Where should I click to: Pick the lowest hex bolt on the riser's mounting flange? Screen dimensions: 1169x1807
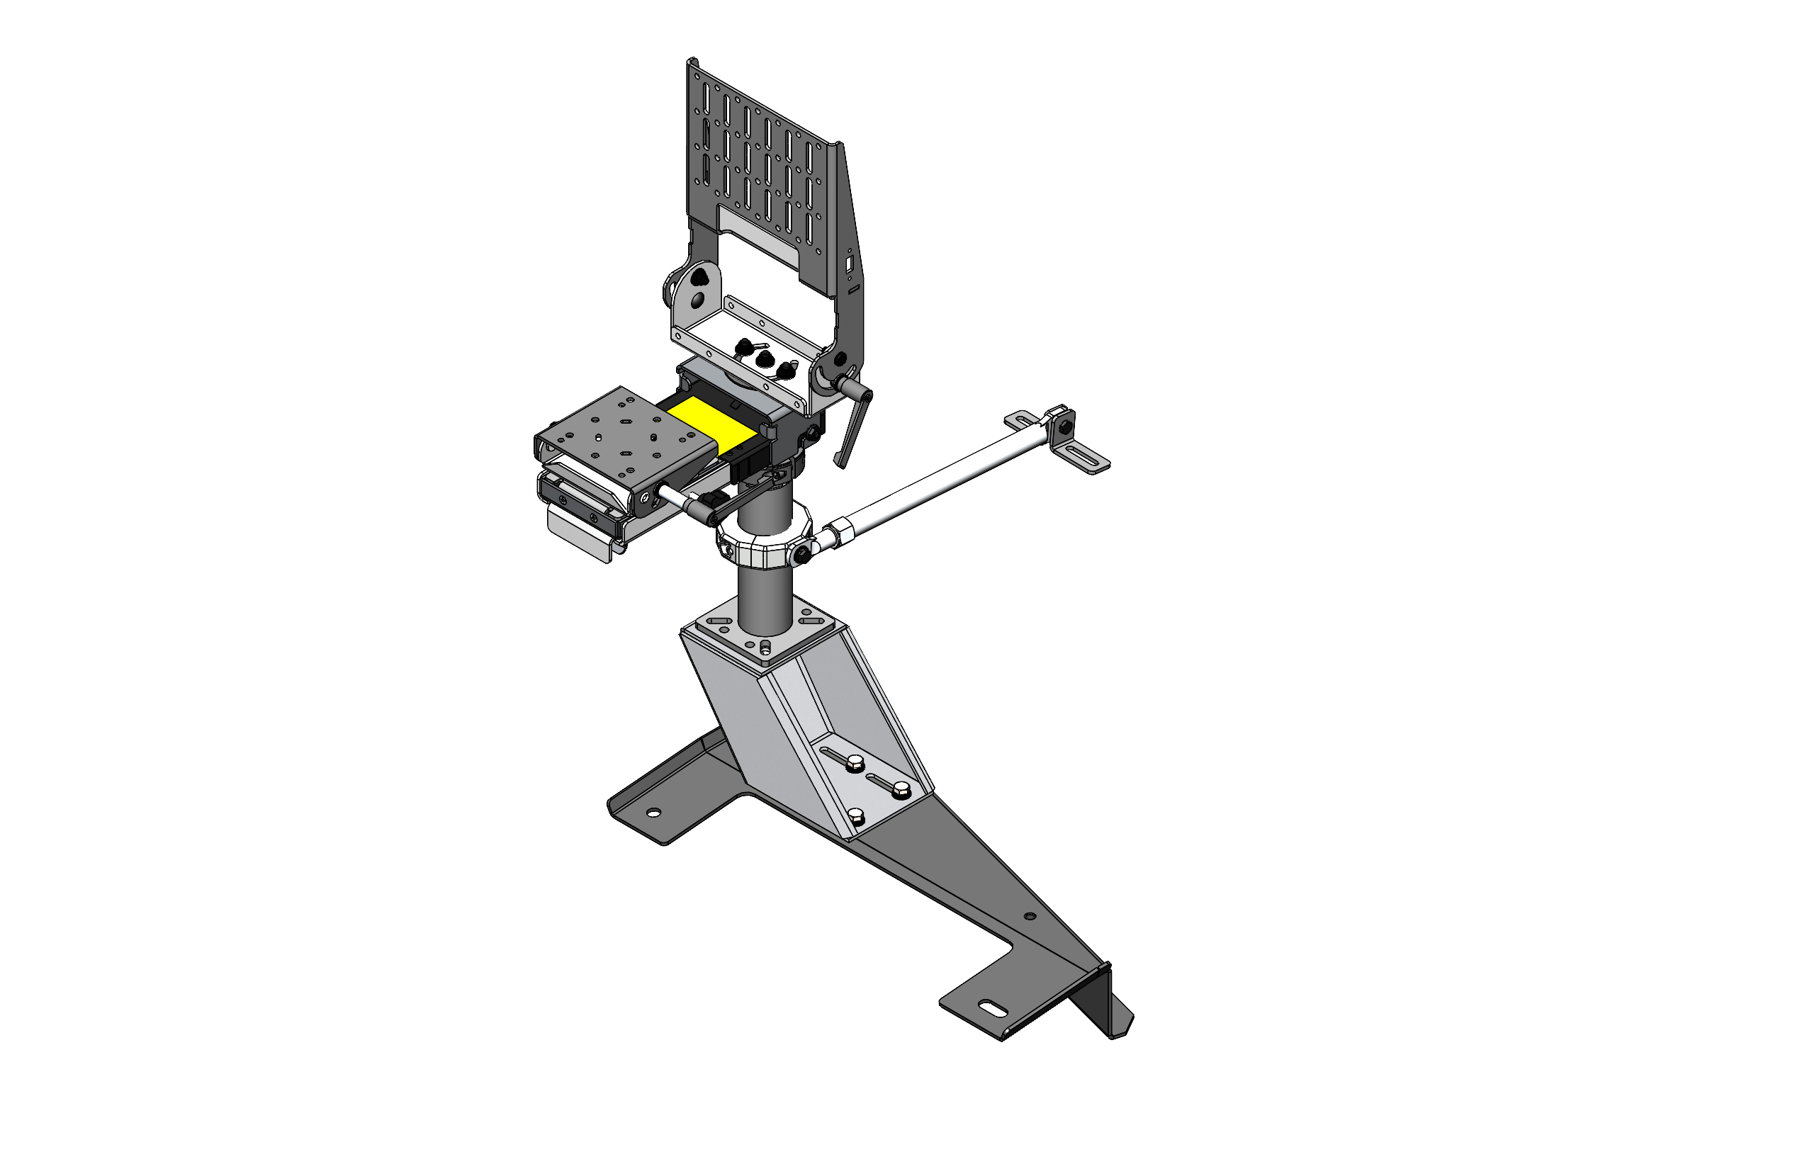(x=856, y=817)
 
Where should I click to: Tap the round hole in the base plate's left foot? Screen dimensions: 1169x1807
(x=652, y=814)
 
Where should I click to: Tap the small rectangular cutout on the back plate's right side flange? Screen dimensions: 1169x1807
(x=850, y=264)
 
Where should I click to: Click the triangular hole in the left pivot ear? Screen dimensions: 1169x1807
(x=699, y=278)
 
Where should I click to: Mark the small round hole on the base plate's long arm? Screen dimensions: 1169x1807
(x=1030, y=916)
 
